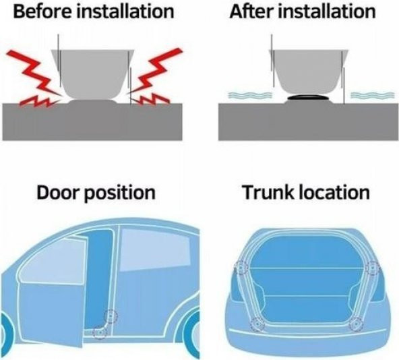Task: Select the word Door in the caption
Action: (57, 192)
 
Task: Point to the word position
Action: (119, 193)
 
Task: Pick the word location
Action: (334, 192)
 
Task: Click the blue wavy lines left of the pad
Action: (250, 95)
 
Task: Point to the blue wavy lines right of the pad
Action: (373, 95)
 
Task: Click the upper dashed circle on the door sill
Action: (111, 316)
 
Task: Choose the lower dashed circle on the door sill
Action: (100, 332)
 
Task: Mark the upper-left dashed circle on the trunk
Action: (241, 268)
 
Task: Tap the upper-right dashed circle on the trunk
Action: (372, 268)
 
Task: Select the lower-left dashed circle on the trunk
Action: (257, 324)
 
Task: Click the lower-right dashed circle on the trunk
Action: (357, 324)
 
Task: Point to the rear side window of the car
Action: (155, 249)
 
